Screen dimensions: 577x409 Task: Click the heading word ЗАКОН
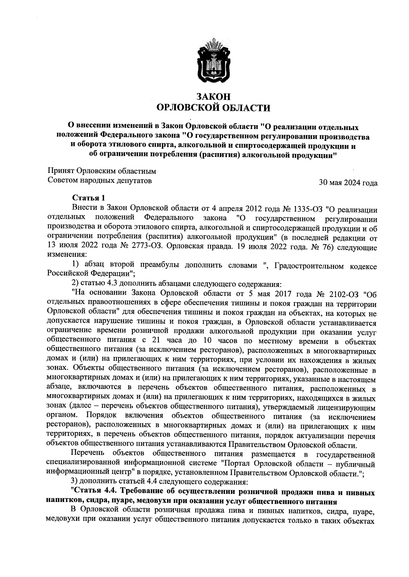click(213, 97)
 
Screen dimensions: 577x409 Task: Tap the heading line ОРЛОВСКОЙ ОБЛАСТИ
click(213, 108)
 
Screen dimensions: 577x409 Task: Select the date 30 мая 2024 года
click(348, 183)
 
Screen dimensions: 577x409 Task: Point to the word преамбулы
click(154, 265)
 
